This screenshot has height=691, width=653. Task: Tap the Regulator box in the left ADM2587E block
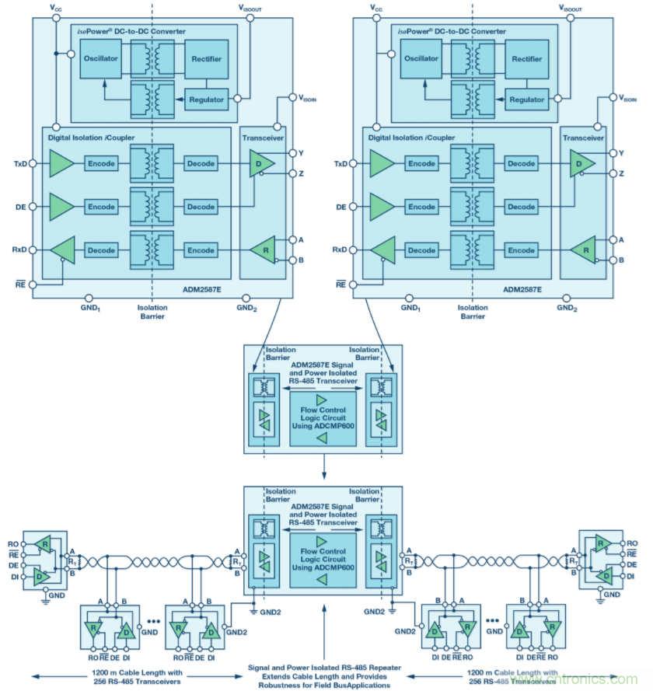[206, 99]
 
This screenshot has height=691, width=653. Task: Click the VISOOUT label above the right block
[574, 7]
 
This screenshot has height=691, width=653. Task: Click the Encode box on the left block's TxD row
[101, 164]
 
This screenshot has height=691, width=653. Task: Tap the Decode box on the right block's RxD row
[422, 250]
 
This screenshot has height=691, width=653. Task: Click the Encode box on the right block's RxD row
[521, 250]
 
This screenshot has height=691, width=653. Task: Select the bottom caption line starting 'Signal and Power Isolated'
[323, 667]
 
